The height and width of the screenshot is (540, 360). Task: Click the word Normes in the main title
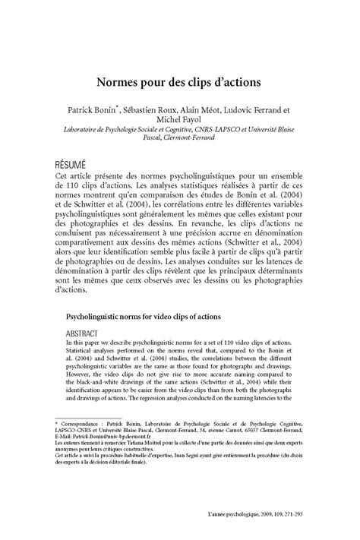[x=116, y=78]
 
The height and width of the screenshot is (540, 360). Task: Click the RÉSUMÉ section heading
[x=65, y=165]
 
